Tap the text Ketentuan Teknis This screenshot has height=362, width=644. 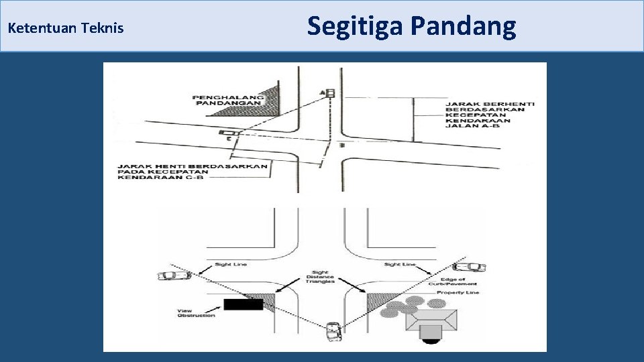[x=65, y=29]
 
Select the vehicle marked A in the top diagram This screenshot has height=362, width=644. [x=329, y=93]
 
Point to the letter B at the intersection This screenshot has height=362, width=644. [x=343, y=145]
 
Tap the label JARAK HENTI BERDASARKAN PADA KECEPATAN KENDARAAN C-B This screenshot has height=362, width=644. [x=193, y=172]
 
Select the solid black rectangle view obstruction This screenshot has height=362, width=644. [x=243, y=304]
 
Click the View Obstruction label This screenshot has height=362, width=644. [x=196, y=313]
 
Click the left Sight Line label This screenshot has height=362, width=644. [x=231, y=264]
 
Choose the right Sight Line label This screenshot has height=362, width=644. [x=400, y=264]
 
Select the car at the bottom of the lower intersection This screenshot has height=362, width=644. [x=332, y=332]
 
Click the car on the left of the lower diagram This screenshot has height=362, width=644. [x=169, y=275]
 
